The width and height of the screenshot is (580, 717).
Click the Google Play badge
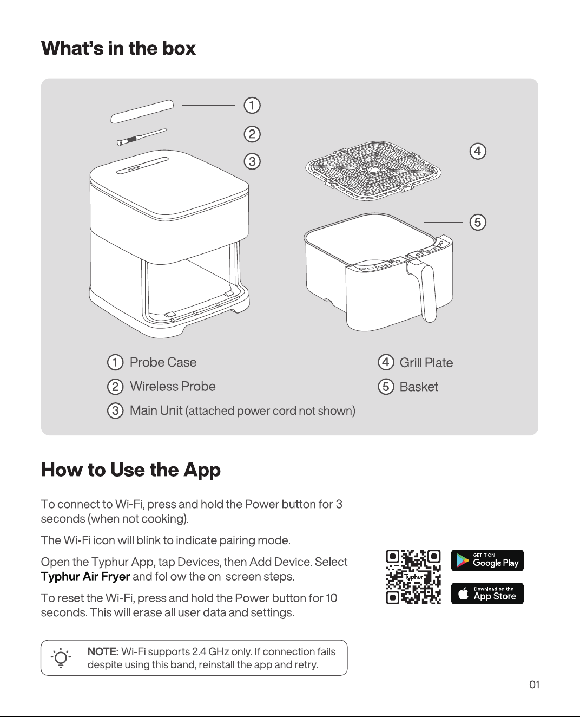(487, 560)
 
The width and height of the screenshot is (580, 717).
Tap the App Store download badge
(487, 594)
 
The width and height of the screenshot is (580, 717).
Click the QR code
(413, 577)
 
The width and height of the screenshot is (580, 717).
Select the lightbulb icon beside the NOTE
(61, 658)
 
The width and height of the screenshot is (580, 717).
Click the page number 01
(534, 685)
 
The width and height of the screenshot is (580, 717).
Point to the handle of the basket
(424, 290)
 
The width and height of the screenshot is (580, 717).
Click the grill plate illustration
(373, 171)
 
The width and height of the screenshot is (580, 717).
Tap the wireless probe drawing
(142, 137)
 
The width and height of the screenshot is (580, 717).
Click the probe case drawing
(142, 111)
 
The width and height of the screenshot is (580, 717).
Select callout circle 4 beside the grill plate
(478, 151)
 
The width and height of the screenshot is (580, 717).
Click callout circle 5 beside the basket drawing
(478, 222)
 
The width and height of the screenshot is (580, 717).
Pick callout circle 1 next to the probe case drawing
(252, 106)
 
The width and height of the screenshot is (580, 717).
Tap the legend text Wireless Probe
(173, 387)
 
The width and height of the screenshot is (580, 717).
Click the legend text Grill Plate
(426, 363)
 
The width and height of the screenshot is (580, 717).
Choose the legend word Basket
(419, 387)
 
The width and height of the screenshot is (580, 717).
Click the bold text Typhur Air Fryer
(85, 577)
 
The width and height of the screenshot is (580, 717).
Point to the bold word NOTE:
(103, 651)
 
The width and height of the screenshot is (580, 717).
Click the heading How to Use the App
(131, 470)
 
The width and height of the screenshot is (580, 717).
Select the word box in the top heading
(179, 48)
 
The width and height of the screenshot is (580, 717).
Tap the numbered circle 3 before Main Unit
(115, 410)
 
